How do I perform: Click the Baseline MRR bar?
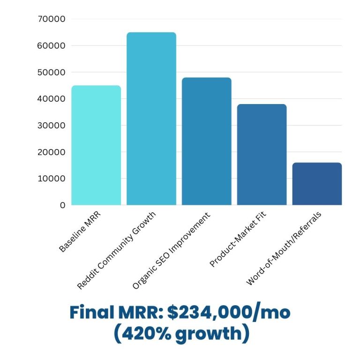pyautogui.click(x=96, y=145)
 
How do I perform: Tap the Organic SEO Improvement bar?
pyautogui.click(x=207, y=141)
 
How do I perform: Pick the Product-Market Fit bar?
pyautogui.click(x=262, y=155)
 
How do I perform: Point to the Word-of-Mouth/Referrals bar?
pyautogui.click(x=317, y=184)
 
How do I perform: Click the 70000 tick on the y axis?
pyautogui.click(x=52, y=19)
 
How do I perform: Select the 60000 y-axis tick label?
pyautogui.click(x=52, y=46)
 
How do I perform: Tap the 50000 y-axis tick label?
pyautogui.click(x=52, y=72)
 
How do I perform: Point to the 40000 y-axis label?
pyautogui.click(x=52, y=99)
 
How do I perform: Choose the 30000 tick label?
pyautogui.click(x=52, y=126)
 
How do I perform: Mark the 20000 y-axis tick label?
pyautogui.click(x=52, y=152)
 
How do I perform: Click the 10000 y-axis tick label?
pyautogui.click(x=52, y=179)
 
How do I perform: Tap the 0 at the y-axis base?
pyautogui.click(x=63, y=205)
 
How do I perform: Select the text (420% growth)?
pyautogui.click(x=180, y=334)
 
